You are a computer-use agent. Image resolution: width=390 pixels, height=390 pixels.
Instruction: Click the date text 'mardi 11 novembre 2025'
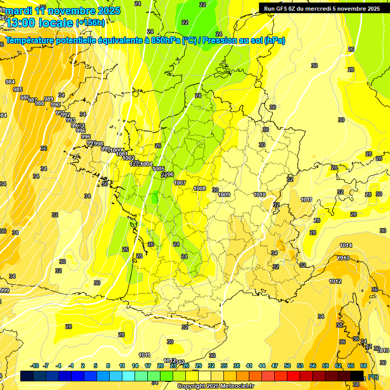tap(63, 11)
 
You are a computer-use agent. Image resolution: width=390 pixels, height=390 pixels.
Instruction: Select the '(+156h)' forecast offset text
tap(90, 22)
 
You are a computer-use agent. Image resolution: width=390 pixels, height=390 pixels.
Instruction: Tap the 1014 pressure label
tap(345, 245)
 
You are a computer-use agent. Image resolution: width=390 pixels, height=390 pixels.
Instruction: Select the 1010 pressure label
tap(259, 194)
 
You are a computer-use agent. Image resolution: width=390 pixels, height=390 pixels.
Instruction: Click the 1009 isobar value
tap(224, 194)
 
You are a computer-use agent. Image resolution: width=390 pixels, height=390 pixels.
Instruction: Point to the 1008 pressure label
tap(200, 188)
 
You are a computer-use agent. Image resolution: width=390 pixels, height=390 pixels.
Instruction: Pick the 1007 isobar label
tap(180, 183)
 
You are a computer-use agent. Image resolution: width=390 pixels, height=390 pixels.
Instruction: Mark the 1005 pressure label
tap(158, 169)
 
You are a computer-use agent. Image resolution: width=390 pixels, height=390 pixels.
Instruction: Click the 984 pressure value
tap(10, 82)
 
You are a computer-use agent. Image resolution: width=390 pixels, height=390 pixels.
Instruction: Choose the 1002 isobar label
tap(128, 158)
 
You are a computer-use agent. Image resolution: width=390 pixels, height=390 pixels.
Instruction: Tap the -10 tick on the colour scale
tap(35, 366)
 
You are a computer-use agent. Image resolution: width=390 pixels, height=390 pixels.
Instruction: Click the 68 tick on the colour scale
tap(364, 366)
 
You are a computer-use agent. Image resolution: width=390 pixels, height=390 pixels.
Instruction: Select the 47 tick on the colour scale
tap(275, 366)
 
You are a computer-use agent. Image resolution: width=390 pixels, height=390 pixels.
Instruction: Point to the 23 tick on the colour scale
tap(173, 366)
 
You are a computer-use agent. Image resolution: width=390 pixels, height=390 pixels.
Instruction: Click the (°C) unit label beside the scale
tap(373, 376)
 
